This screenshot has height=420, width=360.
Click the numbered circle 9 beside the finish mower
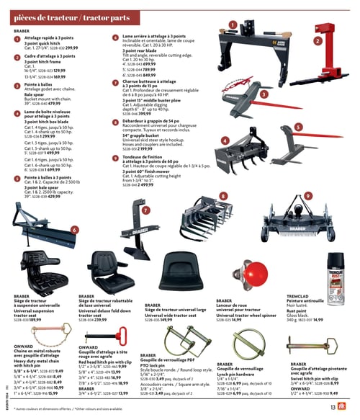tap(307, 196)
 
